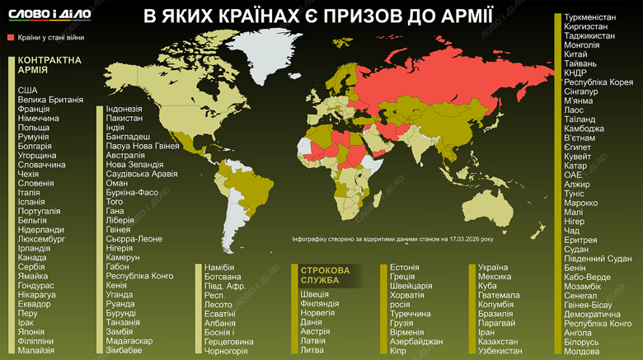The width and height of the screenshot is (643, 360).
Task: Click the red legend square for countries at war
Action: (x=11, y=38)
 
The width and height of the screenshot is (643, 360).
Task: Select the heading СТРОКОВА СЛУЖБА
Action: (x=325, y=275)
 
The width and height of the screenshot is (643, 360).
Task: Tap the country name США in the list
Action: (x=27, y=89)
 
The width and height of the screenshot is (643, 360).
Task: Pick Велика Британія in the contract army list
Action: (x=50, y=100)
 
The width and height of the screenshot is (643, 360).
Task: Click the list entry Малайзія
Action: (x=36, y=350)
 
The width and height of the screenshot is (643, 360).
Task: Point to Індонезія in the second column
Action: (x=124, y=109)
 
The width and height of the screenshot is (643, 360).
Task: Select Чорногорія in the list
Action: (x=225, y=350)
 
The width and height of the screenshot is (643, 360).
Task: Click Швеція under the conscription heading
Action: (x=314, y=294)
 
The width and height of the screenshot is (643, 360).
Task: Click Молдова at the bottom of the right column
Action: (x=582, y=351)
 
